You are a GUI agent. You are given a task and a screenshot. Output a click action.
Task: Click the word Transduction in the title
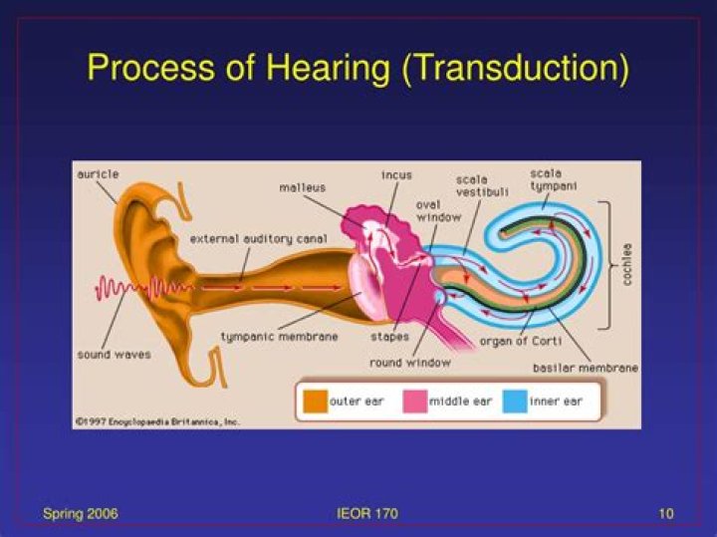[516, 68]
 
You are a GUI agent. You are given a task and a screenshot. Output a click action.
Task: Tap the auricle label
[98, 174]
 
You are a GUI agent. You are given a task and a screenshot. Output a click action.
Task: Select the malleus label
[303, 187]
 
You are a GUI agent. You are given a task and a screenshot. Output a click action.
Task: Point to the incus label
[396, 175]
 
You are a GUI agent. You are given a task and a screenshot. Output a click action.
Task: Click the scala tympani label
[554, 179]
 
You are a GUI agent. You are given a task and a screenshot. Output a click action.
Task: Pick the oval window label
[438, 211]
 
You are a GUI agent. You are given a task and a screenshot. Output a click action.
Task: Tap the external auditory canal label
[258, 239]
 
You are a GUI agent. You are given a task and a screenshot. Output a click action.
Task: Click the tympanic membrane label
[280, 337]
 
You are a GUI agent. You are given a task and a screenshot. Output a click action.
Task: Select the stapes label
[389, 337]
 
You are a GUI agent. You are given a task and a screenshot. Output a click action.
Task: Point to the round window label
[410, 363]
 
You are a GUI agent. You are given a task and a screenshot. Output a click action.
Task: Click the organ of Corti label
[521, 341]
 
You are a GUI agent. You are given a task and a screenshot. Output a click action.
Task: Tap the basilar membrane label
[586, 368]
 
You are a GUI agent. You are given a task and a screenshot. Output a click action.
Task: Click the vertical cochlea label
[627, 264]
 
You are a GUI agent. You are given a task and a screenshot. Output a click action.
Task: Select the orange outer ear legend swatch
[316, 402]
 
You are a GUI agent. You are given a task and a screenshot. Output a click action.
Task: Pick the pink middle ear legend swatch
[415, 402]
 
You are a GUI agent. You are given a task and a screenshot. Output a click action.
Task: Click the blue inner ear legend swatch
[515, 402]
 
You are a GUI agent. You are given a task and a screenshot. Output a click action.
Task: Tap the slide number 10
[666, 514]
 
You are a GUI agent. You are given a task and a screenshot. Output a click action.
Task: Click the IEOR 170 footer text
[367, 514]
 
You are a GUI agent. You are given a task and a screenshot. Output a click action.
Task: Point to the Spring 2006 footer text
[81, 514]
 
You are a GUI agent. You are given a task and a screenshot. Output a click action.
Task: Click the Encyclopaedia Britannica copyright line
[157, 421]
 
